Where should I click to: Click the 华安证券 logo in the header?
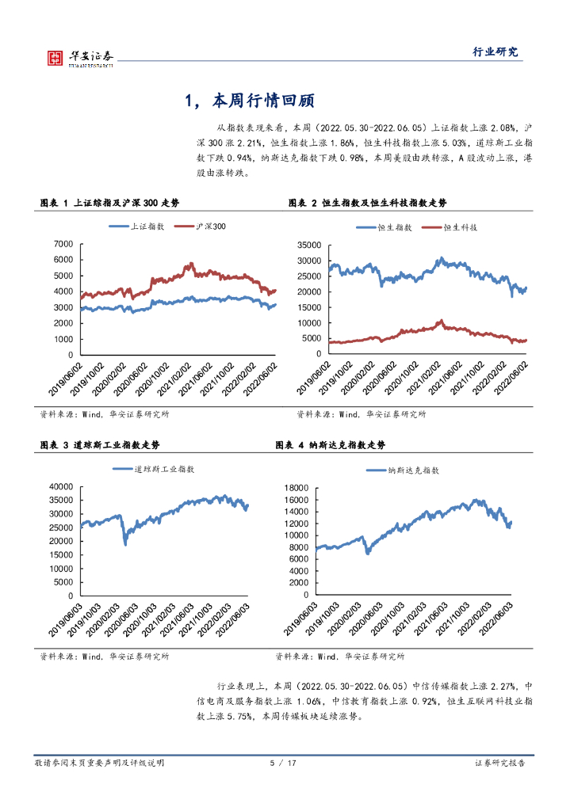point(80,57)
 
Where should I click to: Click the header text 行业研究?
point(496,52)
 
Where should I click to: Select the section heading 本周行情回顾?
point(250,101)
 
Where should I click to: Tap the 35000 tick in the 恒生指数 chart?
point(307,245)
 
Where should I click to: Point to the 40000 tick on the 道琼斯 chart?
point(60,486)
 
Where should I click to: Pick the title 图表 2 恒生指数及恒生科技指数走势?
point(367,204)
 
